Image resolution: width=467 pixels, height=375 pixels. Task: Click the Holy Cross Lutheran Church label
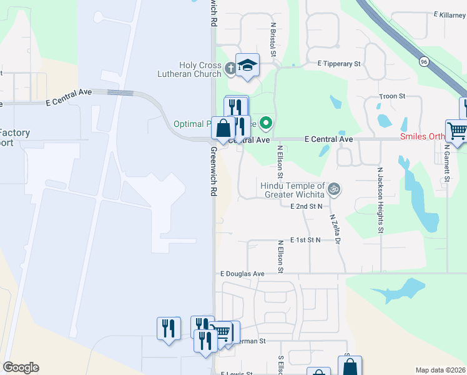[200, 69]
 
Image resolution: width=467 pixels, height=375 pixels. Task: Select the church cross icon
[230, 68]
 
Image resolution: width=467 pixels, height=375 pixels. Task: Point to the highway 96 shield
[424, 61]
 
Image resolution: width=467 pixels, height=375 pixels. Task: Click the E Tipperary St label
[339, 64]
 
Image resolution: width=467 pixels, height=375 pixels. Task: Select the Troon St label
[392, 96]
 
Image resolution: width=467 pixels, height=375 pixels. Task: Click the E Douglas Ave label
[242, 274]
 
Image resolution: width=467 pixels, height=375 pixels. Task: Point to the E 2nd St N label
[307, 206]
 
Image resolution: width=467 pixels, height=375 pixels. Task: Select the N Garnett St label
[448, 165]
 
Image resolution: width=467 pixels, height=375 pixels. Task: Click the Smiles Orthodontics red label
[423, 136]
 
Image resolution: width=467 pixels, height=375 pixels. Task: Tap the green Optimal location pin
[266, 123]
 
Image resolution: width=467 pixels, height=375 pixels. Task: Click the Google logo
[21, 367]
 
